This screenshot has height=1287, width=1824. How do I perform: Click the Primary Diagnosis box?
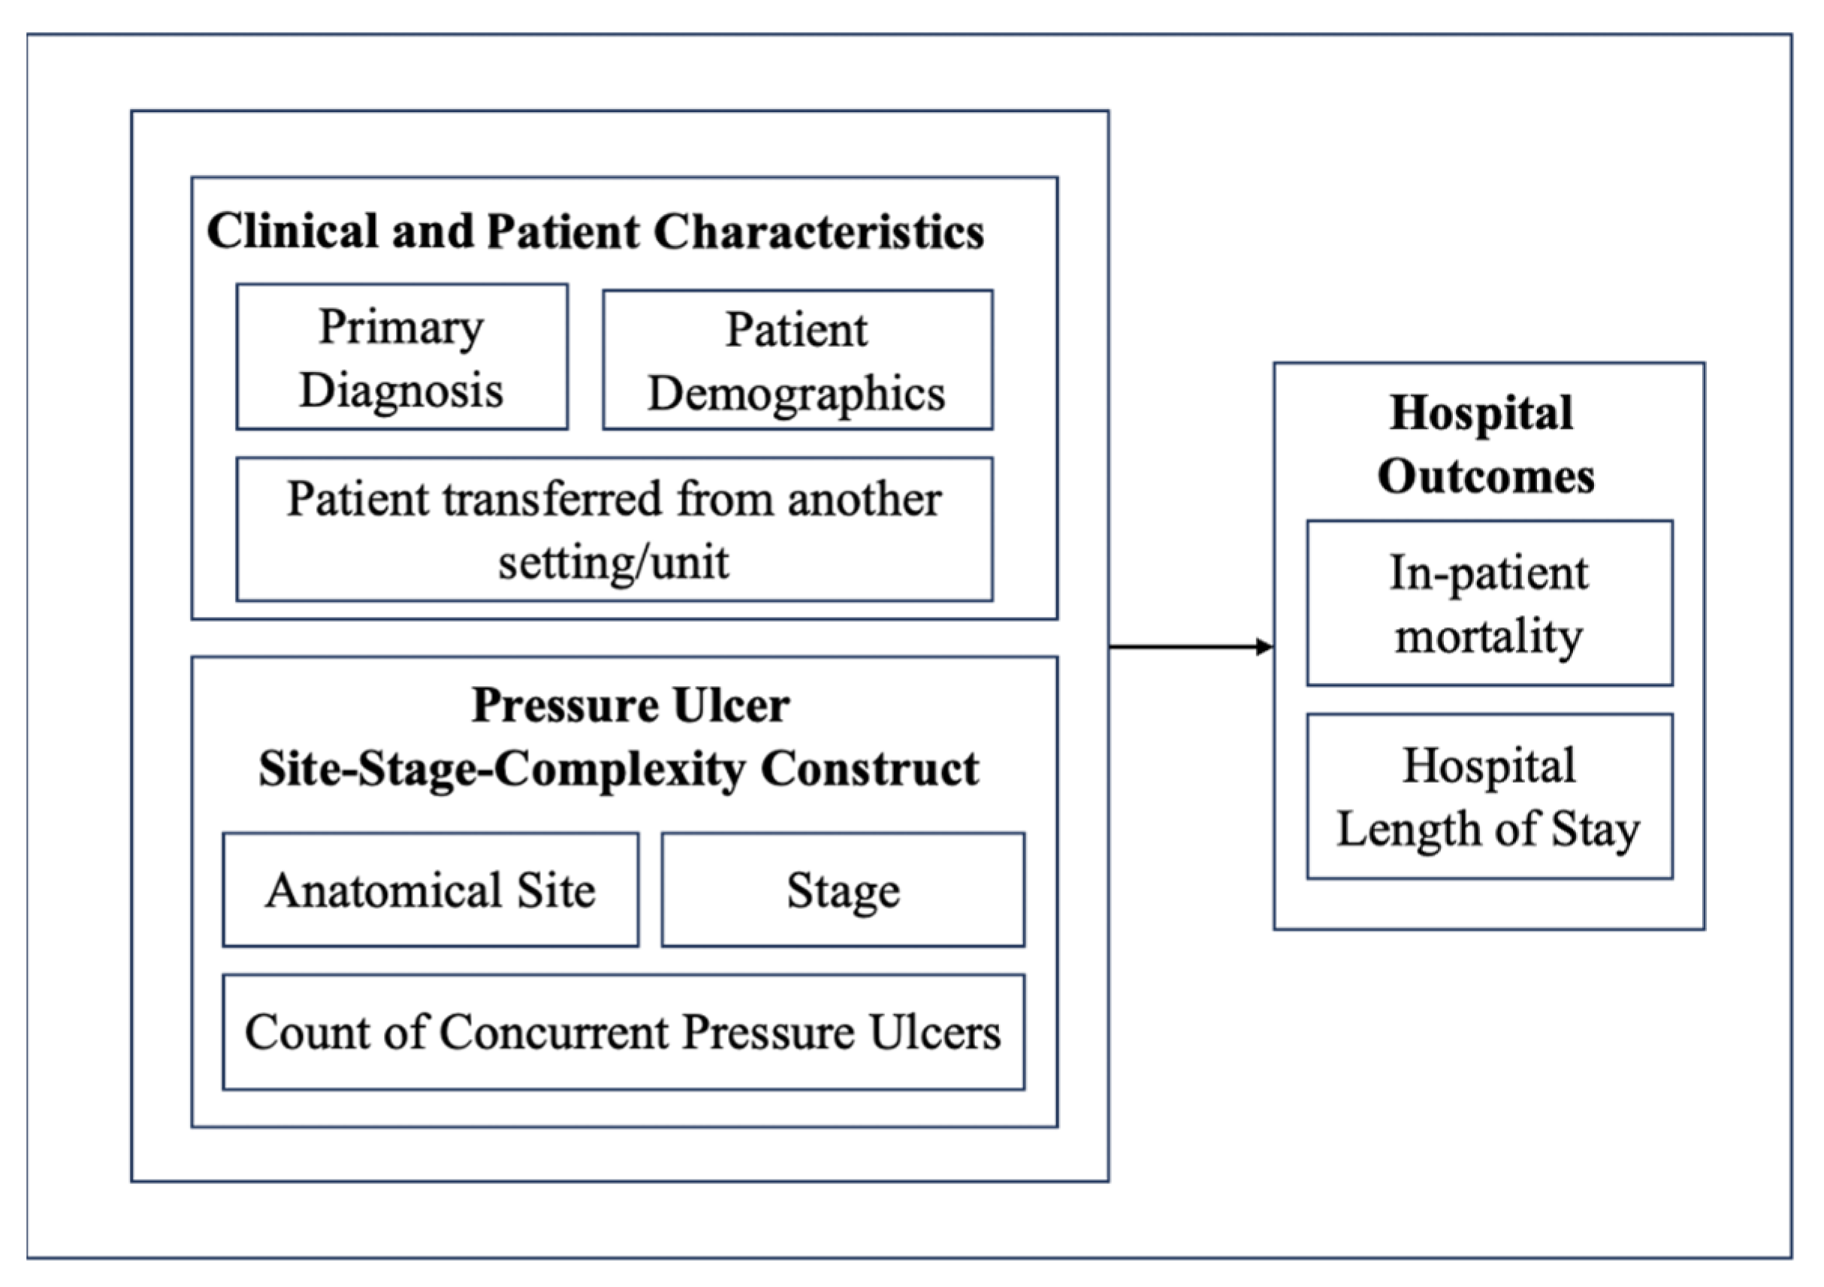(402, 357)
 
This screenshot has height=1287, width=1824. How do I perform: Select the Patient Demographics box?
(797, 360)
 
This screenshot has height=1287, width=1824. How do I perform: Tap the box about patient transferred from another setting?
(614, 529)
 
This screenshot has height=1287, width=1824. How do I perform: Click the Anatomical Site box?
(430, 890)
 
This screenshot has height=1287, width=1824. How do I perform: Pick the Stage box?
(843, 890)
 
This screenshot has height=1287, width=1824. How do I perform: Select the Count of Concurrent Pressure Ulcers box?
(623, 1032)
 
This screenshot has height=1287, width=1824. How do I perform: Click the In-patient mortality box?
(1490, 603)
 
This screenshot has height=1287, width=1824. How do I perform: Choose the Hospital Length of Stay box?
(1490, 796)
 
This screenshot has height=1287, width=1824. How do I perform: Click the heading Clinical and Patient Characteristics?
(595, 232)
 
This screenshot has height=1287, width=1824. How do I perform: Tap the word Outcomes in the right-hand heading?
(1486, 476)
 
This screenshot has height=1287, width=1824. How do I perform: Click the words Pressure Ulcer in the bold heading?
(630, 705)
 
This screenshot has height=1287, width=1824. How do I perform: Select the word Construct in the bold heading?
(870, 769)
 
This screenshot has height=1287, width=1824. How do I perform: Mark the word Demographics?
(796, 394)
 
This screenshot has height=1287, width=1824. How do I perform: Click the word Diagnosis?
(401, 390)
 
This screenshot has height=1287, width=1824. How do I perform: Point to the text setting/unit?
(613, 563)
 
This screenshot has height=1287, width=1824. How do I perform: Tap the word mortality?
(1489, 636)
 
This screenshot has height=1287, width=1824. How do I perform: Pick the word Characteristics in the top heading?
(818, 232)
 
